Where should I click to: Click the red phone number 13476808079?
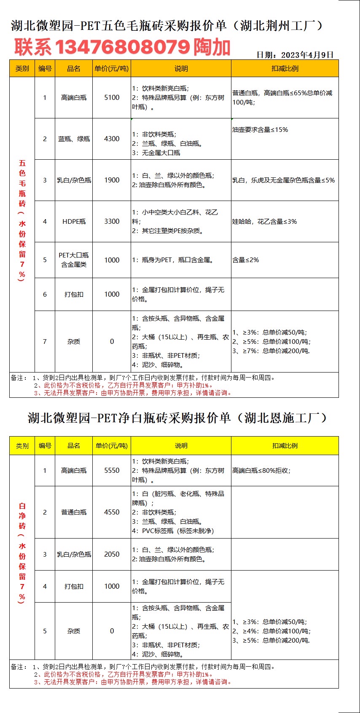(x=122, y=47)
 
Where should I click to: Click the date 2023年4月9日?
(x=307, y=55)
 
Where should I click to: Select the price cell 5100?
(x=112, y=97)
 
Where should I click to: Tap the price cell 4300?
(x=112, y=139)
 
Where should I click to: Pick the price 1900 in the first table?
(x=112, y=180)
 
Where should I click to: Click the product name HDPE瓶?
(x=74, y=221)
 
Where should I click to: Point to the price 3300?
(x=112, y=221)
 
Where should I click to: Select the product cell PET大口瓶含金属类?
(x=74, y=260)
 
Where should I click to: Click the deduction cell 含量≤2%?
(x=246, y=260)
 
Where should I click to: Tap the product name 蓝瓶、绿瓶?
(x=74, y=139)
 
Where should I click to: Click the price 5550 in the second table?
(x=112, y=470)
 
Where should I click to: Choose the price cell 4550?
(x=112, y=512)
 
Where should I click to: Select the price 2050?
(x=112, y=554)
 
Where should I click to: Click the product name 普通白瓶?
(x=74, y=512)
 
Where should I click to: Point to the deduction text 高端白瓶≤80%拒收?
(x=261, y=470)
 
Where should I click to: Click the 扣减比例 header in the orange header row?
(x=285, y=68)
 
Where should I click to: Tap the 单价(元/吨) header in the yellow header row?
(x=112, y=445)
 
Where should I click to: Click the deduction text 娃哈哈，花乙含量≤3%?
(x=265, y=221)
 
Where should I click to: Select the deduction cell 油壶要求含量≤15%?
(x=260, y=130)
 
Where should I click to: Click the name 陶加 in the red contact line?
(x=212, y=47)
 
